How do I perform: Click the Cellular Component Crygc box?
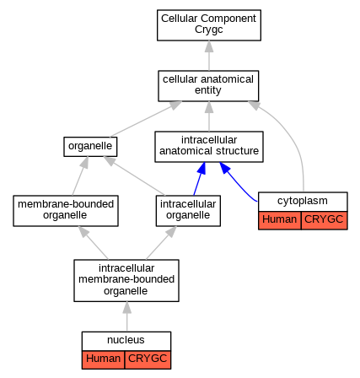click(x=209, y=25)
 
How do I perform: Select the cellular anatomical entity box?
click(x=208, y=86)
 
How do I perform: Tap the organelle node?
click(x=90, y=147)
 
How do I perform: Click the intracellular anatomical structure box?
click(x=209, y=147)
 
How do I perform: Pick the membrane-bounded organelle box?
click(x=66, y=211)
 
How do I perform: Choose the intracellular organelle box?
click(x=188, y=211)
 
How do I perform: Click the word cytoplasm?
click(x=303, y=201)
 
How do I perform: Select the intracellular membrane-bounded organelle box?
click(x=126, y=280)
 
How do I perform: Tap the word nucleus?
click(x=126, y=340)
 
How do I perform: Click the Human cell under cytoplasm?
click(x=280, y=220)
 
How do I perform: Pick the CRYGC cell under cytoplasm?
click(x=324, y=220)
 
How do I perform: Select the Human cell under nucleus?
click(x=103, y=359)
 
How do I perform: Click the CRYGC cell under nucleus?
click(x=148, y=359)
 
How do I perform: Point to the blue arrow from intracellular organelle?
click(x=199, y=179)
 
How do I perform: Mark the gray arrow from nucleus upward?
click(x=126, y=316)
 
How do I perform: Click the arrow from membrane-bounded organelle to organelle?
click(x=80, y=176)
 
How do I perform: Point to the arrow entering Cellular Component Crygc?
click(x=209, y=56)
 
